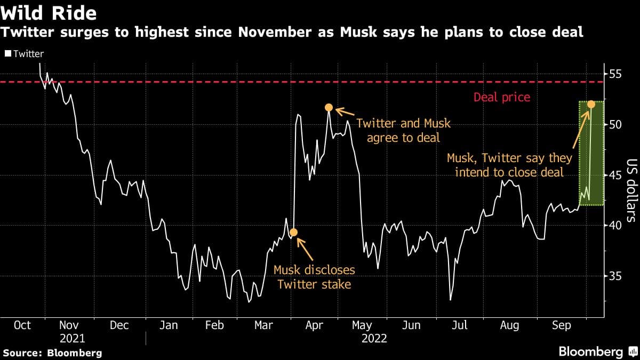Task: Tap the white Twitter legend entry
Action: point(25,53)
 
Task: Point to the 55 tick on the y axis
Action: point(616,74)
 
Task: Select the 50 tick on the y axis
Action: point(616,124)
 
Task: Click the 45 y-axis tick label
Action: point(616,175)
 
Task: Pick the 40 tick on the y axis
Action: point(616,225)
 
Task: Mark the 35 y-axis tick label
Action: point(616,276)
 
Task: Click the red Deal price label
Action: point(502,97)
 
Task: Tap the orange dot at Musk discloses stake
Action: point(293,232)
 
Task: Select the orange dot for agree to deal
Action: point(329,108)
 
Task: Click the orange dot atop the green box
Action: point(591,104)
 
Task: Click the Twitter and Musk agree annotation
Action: point(403,131)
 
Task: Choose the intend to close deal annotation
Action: point(509,165)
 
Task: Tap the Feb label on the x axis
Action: point(214,325)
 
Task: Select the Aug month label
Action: point(509,325)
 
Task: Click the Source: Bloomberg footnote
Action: point(52,353)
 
